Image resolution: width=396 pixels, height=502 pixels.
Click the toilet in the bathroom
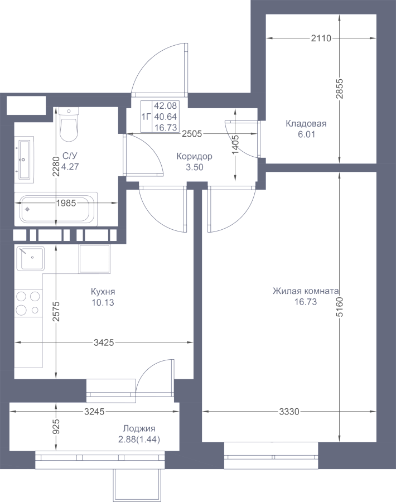pos(69,124)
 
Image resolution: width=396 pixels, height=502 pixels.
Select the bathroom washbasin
pos(25,159)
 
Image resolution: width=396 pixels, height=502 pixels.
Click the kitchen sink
pos(30,258)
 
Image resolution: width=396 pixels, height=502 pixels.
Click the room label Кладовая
pos(306,124)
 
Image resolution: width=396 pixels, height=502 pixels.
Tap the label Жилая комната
pos(306,291)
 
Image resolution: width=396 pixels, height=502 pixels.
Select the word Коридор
pos(194,157)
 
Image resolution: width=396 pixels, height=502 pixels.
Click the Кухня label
pos(103,292)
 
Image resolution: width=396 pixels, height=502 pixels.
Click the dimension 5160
pos(339,307)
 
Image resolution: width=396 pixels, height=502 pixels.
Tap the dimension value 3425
pos(104,342)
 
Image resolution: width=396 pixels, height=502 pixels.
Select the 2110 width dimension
pos(321,38)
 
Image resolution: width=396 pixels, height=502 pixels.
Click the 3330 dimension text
pos(289,412)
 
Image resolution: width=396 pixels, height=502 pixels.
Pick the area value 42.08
pos(166,105)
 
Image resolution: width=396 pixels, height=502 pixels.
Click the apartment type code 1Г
pos(146,117)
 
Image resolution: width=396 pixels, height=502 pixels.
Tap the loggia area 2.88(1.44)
pos(139,440)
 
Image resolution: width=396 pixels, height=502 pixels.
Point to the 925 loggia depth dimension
pos(56,427)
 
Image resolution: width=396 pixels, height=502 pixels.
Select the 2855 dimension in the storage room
pos(339,89)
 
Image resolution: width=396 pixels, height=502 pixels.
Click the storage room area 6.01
pos(306,134)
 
